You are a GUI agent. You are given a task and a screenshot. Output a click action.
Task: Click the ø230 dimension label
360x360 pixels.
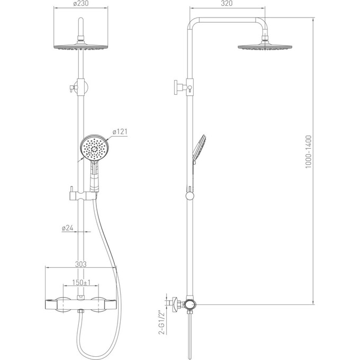(81, 3)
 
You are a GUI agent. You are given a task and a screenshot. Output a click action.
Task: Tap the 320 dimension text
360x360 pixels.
(227, 3)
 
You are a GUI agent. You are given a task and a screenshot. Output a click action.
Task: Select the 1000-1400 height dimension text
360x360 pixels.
(308, 152)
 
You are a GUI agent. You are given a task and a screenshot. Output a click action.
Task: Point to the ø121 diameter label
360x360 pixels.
(120, 132)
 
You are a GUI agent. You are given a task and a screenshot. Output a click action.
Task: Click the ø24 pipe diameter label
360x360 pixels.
(68, 228)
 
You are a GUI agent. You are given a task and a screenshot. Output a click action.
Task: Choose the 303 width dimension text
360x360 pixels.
(81, 264)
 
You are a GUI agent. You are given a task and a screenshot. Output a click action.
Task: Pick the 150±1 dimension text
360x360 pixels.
(82, 282)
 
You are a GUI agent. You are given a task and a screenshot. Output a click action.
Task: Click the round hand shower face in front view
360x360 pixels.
(94, 148)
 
